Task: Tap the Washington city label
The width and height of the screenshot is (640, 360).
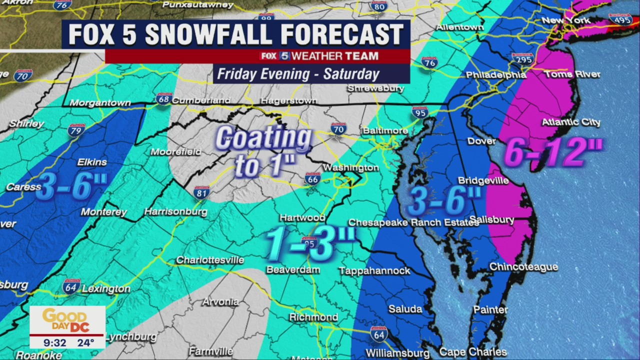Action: (351, 167)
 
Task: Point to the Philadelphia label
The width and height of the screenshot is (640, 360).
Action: (495, 75)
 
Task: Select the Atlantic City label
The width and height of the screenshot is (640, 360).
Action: (571, 122)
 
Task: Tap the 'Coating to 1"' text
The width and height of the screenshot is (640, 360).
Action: (263, 151)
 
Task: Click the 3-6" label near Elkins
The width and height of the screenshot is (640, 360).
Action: (71, 186)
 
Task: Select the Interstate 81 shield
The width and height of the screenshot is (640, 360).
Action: (201, 192)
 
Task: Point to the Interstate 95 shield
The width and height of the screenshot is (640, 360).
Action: (420, 112)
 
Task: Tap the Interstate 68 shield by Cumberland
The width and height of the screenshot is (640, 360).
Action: (163, 98)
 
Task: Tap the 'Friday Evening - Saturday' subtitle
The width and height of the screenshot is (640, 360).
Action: (298, 74)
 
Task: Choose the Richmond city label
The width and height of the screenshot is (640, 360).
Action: (313, 317)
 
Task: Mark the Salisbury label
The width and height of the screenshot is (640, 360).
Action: (493, 220)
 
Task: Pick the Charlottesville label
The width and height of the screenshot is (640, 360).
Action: (210, 260)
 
